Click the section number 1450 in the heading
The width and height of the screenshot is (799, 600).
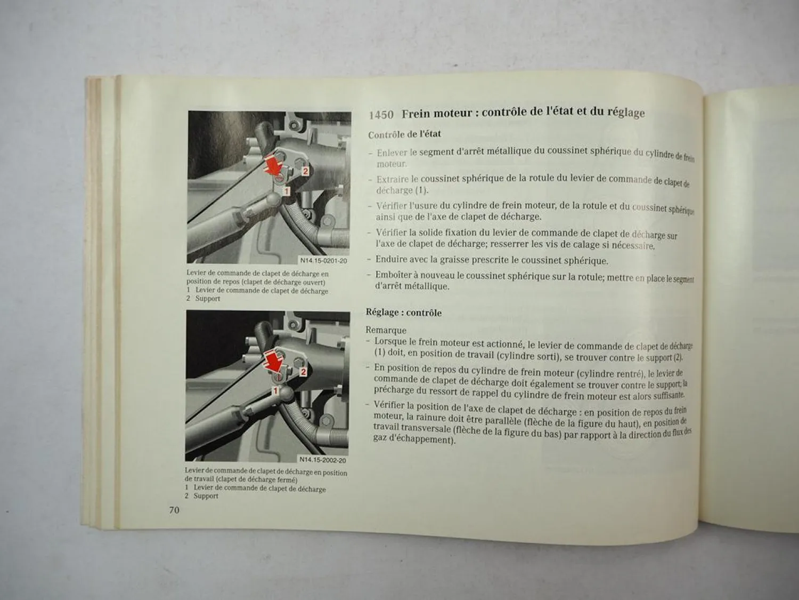(x=381, y=115)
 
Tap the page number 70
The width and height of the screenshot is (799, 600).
(x=174, y=510)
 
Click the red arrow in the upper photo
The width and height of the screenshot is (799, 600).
(x=273, y=164)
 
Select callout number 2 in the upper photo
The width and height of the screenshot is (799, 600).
(x=305, y=171)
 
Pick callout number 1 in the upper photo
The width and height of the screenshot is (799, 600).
(x=286, y=190)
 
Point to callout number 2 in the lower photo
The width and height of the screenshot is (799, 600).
(x=303, y=371)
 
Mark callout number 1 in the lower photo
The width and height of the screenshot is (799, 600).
(x=275, y=391)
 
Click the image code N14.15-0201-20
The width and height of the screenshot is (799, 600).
(x=323, y=261)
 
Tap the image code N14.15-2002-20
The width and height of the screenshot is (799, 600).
(x=322, y=460)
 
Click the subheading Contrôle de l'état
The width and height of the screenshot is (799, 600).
(x=404, y=134)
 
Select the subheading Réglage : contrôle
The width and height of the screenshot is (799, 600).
(x=403, y=313)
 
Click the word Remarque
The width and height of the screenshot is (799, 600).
(x=386, y=330)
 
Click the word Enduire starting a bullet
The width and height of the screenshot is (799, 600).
(x=392, y=260)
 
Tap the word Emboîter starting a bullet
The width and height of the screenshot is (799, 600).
(x=395, y=275)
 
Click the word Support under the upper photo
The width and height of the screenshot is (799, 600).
(x=207, y=298)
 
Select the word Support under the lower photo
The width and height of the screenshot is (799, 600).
(x=206, y=496)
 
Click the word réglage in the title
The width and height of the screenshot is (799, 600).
(x=626, y=113)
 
